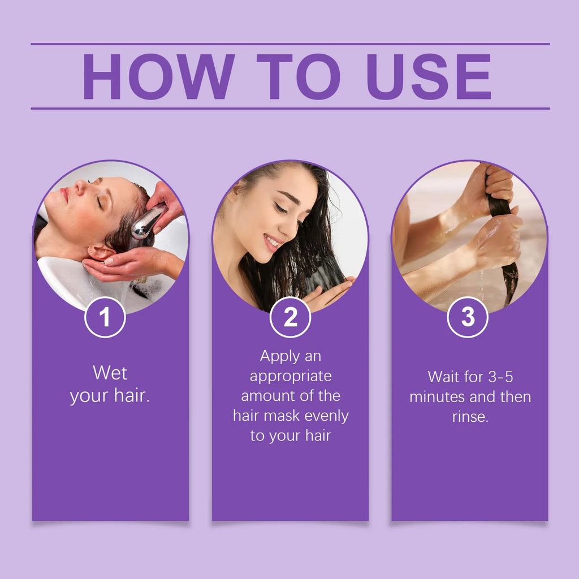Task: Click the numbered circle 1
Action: [105, 318]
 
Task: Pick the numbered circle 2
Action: [290, 318]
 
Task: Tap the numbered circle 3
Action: [468, 318]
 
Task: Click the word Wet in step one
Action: [110, 373]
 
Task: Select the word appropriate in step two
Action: [291, 376]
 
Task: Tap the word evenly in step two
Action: [327, 416]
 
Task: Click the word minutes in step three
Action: [438, 397]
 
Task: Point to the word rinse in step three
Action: [469, 417]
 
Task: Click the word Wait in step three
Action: [444, 377]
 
